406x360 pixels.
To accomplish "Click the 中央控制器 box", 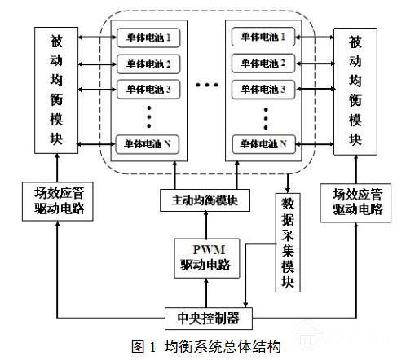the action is pyautogui.click(x=209, y=318).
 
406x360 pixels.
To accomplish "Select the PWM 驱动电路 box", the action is pyautogui.click(x=206, y=258).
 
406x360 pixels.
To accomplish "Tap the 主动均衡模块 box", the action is pyautogui.click(x=205, y=200).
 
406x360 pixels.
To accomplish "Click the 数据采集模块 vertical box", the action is pyautogui.click(x=288, y=243).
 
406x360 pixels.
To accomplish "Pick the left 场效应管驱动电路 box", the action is pyautogui.click(x=58, y=201).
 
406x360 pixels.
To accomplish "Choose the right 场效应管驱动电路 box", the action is pyautogui.click(x=355, y=203).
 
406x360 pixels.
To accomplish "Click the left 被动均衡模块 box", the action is pyautogui.click(x=56, y=90).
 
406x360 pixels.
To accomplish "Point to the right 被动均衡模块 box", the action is pyautogui.click(x=355, y=91).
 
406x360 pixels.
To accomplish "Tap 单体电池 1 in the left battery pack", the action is pyautogui.click(x=148, y=37).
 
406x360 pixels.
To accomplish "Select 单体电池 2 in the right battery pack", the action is pyautogui.click(x=263, y=64).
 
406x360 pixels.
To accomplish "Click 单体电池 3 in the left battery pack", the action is pyautogui.click(x=148, y=89).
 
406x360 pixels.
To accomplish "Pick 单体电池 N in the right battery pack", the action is pyautogui.click(x=263, y=144).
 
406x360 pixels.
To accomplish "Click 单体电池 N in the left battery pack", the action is pyautogui.click(x=148, y=144).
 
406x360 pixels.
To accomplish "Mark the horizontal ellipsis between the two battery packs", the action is pyautogui.click(x=207, y=85).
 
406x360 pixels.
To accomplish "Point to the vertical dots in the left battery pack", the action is pyautogui.click(x=149, y=117).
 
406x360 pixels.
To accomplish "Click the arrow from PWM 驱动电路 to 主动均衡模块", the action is pyautogui.click(x=206, y=225).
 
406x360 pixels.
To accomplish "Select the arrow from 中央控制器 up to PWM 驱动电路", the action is pyautogui.click(x=206, y=292).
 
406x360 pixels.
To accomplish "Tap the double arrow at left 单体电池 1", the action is pyautogui.click(x=98, y=37).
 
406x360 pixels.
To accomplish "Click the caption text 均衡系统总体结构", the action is pyautogui.click(x=223, y=347).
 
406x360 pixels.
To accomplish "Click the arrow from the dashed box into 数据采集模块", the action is pyautogui.click(x=288, y=183).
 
